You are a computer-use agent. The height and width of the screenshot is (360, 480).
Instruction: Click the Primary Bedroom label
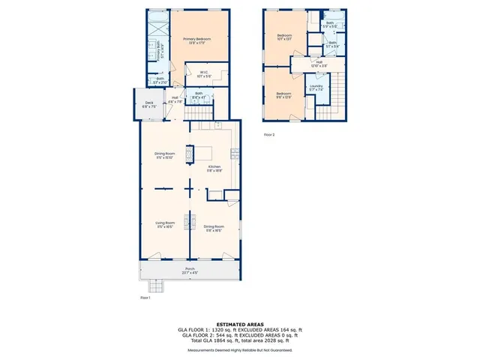(x=197, y=40)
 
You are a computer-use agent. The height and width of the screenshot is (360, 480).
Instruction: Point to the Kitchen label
(x=214, y=169)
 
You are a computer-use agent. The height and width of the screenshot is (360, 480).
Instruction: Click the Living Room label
(x=165, y=224)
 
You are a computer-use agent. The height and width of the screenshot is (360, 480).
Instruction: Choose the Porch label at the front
(x=190, y=271)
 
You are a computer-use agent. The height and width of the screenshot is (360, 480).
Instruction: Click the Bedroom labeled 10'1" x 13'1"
(x=284, y=37)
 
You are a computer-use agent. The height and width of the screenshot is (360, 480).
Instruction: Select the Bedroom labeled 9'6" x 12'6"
(x=283, y=94)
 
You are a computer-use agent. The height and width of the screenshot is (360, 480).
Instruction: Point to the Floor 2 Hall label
(x=319, y=64)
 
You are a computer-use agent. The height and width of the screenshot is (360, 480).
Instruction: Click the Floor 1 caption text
(x=145, y=298)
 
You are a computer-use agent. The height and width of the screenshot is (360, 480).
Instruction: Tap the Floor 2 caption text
(x=269, y=135)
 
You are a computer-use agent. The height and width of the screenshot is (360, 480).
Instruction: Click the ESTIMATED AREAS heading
(x=239, y=324)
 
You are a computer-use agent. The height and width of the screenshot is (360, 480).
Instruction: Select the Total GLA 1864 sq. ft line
(x=239, y=340)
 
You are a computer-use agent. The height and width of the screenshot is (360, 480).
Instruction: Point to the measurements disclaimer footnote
(x=239, y=350)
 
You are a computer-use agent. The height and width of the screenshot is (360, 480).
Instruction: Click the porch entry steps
(x=156, y=286)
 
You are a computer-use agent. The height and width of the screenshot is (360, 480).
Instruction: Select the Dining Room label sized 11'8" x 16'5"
(x=214, y=228)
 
